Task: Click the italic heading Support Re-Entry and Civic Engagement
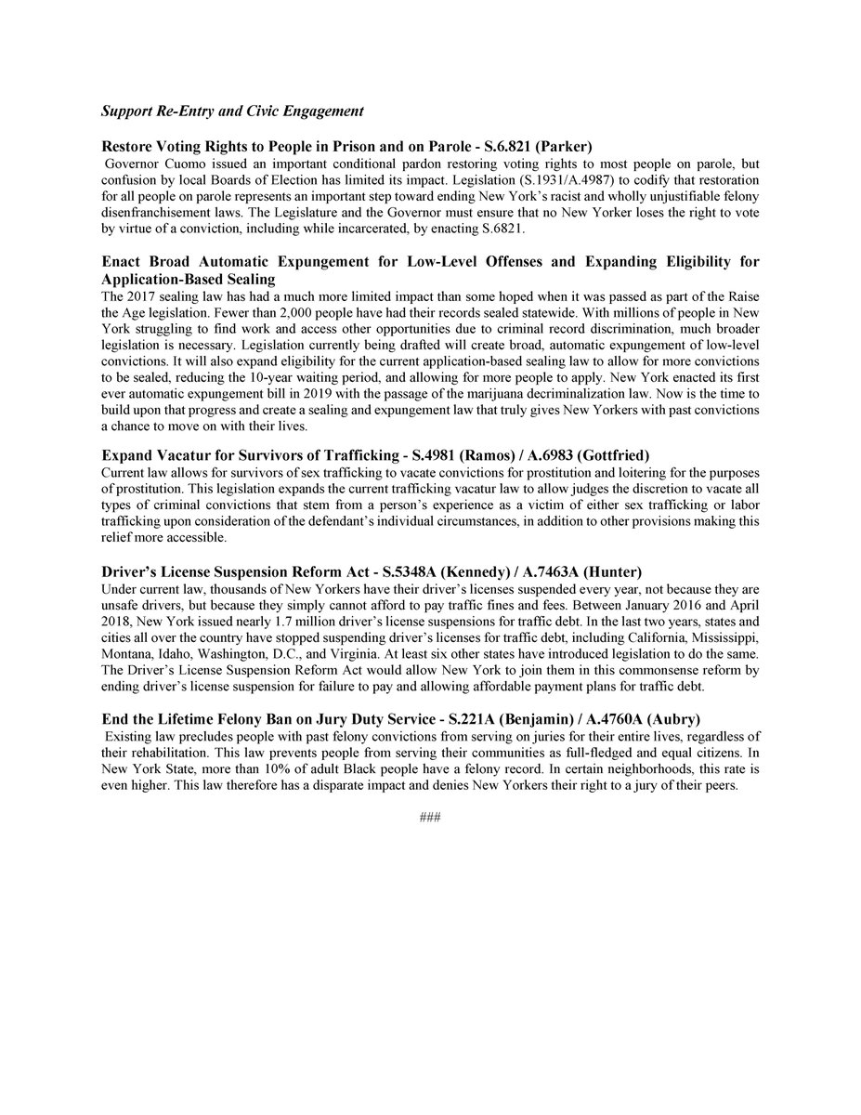coord(231,111)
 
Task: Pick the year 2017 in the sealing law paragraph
coord(137,295)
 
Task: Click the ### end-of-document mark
coord(430,818)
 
